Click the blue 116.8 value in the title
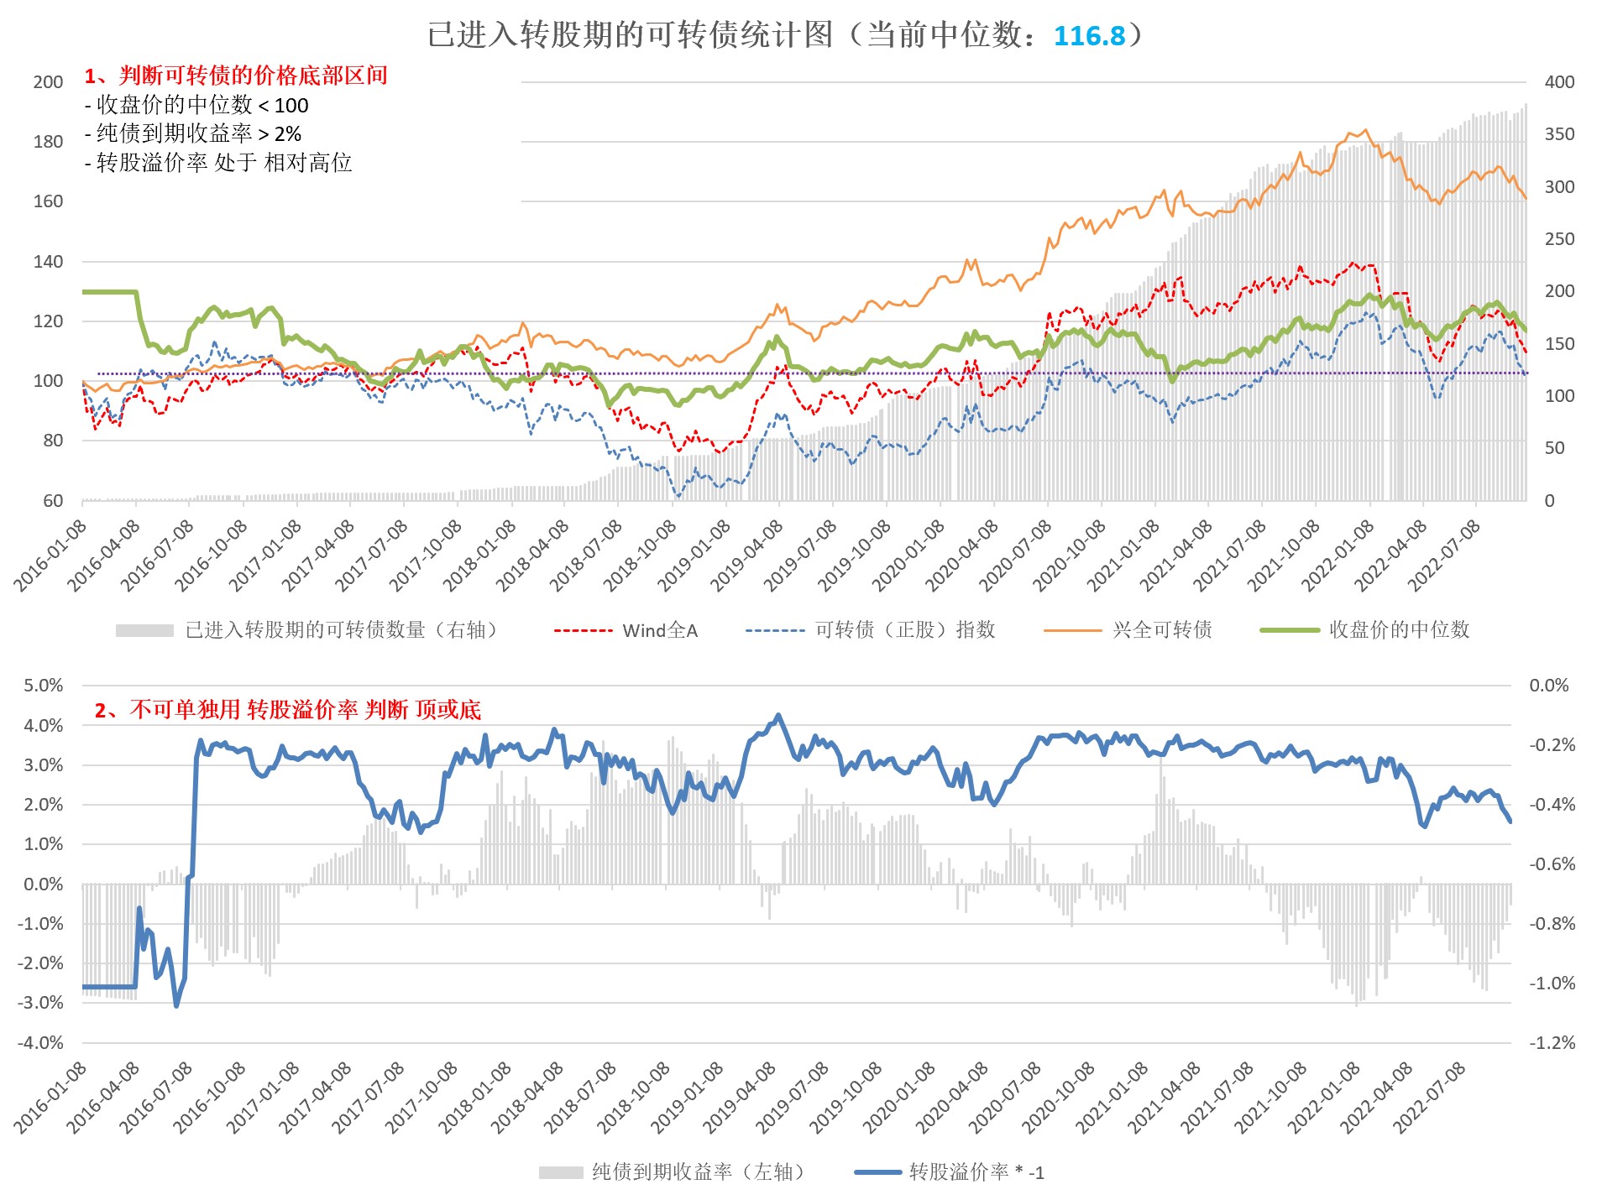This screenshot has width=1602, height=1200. [1088, 35]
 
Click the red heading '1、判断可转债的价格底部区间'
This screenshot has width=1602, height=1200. [236, 76]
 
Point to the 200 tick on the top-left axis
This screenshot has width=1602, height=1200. [48, 82]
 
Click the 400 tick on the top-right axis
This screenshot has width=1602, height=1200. [1559, 82]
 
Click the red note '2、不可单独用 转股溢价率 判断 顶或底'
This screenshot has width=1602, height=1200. [288, 711]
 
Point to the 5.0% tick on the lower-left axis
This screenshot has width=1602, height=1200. [44, 686]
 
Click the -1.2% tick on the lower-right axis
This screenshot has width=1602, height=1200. [1552, 1043]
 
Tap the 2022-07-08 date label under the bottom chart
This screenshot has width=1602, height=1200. [1430, 1098]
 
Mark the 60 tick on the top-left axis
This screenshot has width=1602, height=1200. [53, 501]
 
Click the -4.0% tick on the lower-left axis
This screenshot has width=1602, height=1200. [41, 1043]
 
